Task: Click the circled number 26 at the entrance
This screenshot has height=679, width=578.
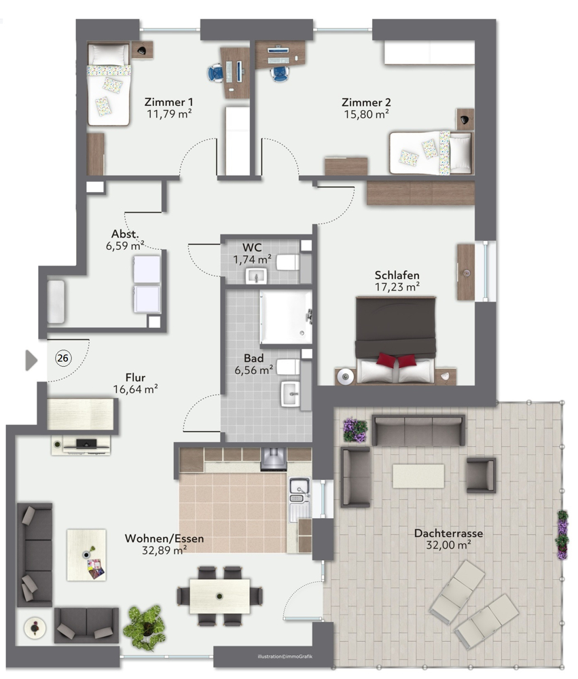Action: click(x=62, y=359)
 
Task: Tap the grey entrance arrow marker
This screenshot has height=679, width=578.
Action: click(x=31, y=360)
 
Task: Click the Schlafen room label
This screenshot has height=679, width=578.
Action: click(x=397, y=275)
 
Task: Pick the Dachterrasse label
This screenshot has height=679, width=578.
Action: click(x=448, y=533)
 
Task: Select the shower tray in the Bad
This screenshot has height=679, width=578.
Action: click(x=285, y=317)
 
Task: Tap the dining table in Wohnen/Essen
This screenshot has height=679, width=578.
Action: click(x=219, y=595)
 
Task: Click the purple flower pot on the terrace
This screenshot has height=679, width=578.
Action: click(x=355, y=430)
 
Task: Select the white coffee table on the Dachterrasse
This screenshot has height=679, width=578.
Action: click(x=418, y=475)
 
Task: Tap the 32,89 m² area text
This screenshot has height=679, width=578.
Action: click(x=164, y=551)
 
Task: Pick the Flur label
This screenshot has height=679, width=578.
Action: click(x=135, y=378)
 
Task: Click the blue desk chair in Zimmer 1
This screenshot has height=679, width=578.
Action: click(x=215, y=71)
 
